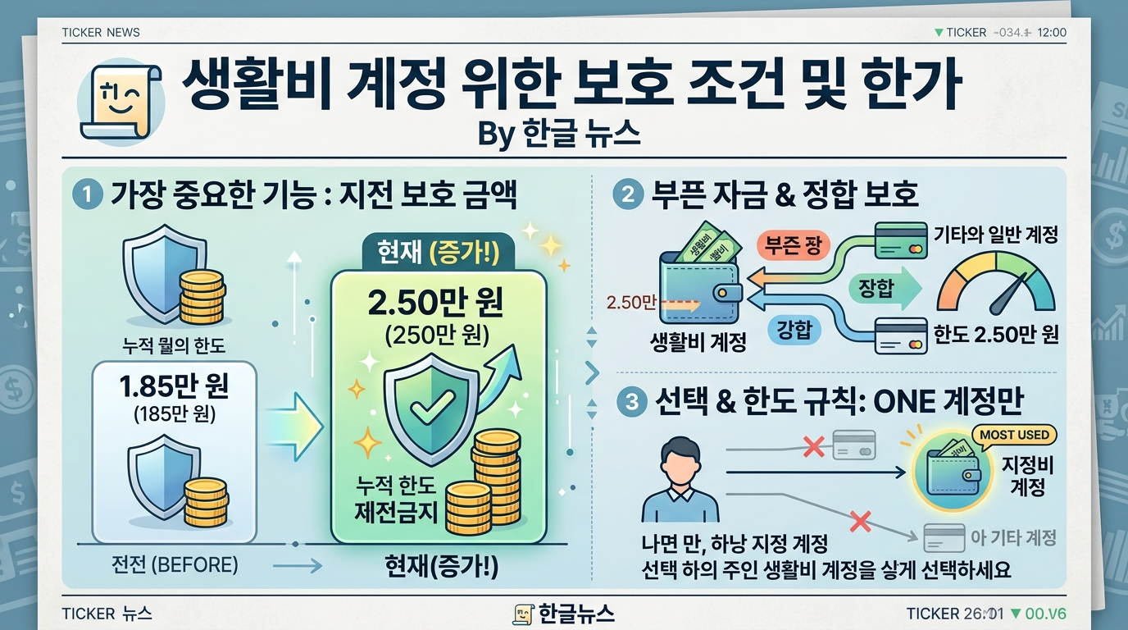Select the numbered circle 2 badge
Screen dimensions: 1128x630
(627, 195)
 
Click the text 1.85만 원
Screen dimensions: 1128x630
(173, 386)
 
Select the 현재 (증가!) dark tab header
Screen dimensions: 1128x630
(437, 252)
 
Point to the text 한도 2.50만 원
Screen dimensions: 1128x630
(996, 335)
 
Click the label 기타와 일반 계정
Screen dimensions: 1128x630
(996, 235)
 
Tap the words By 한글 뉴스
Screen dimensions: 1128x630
(558, 135)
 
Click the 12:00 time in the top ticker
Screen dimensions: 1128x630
(1051, 33)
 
